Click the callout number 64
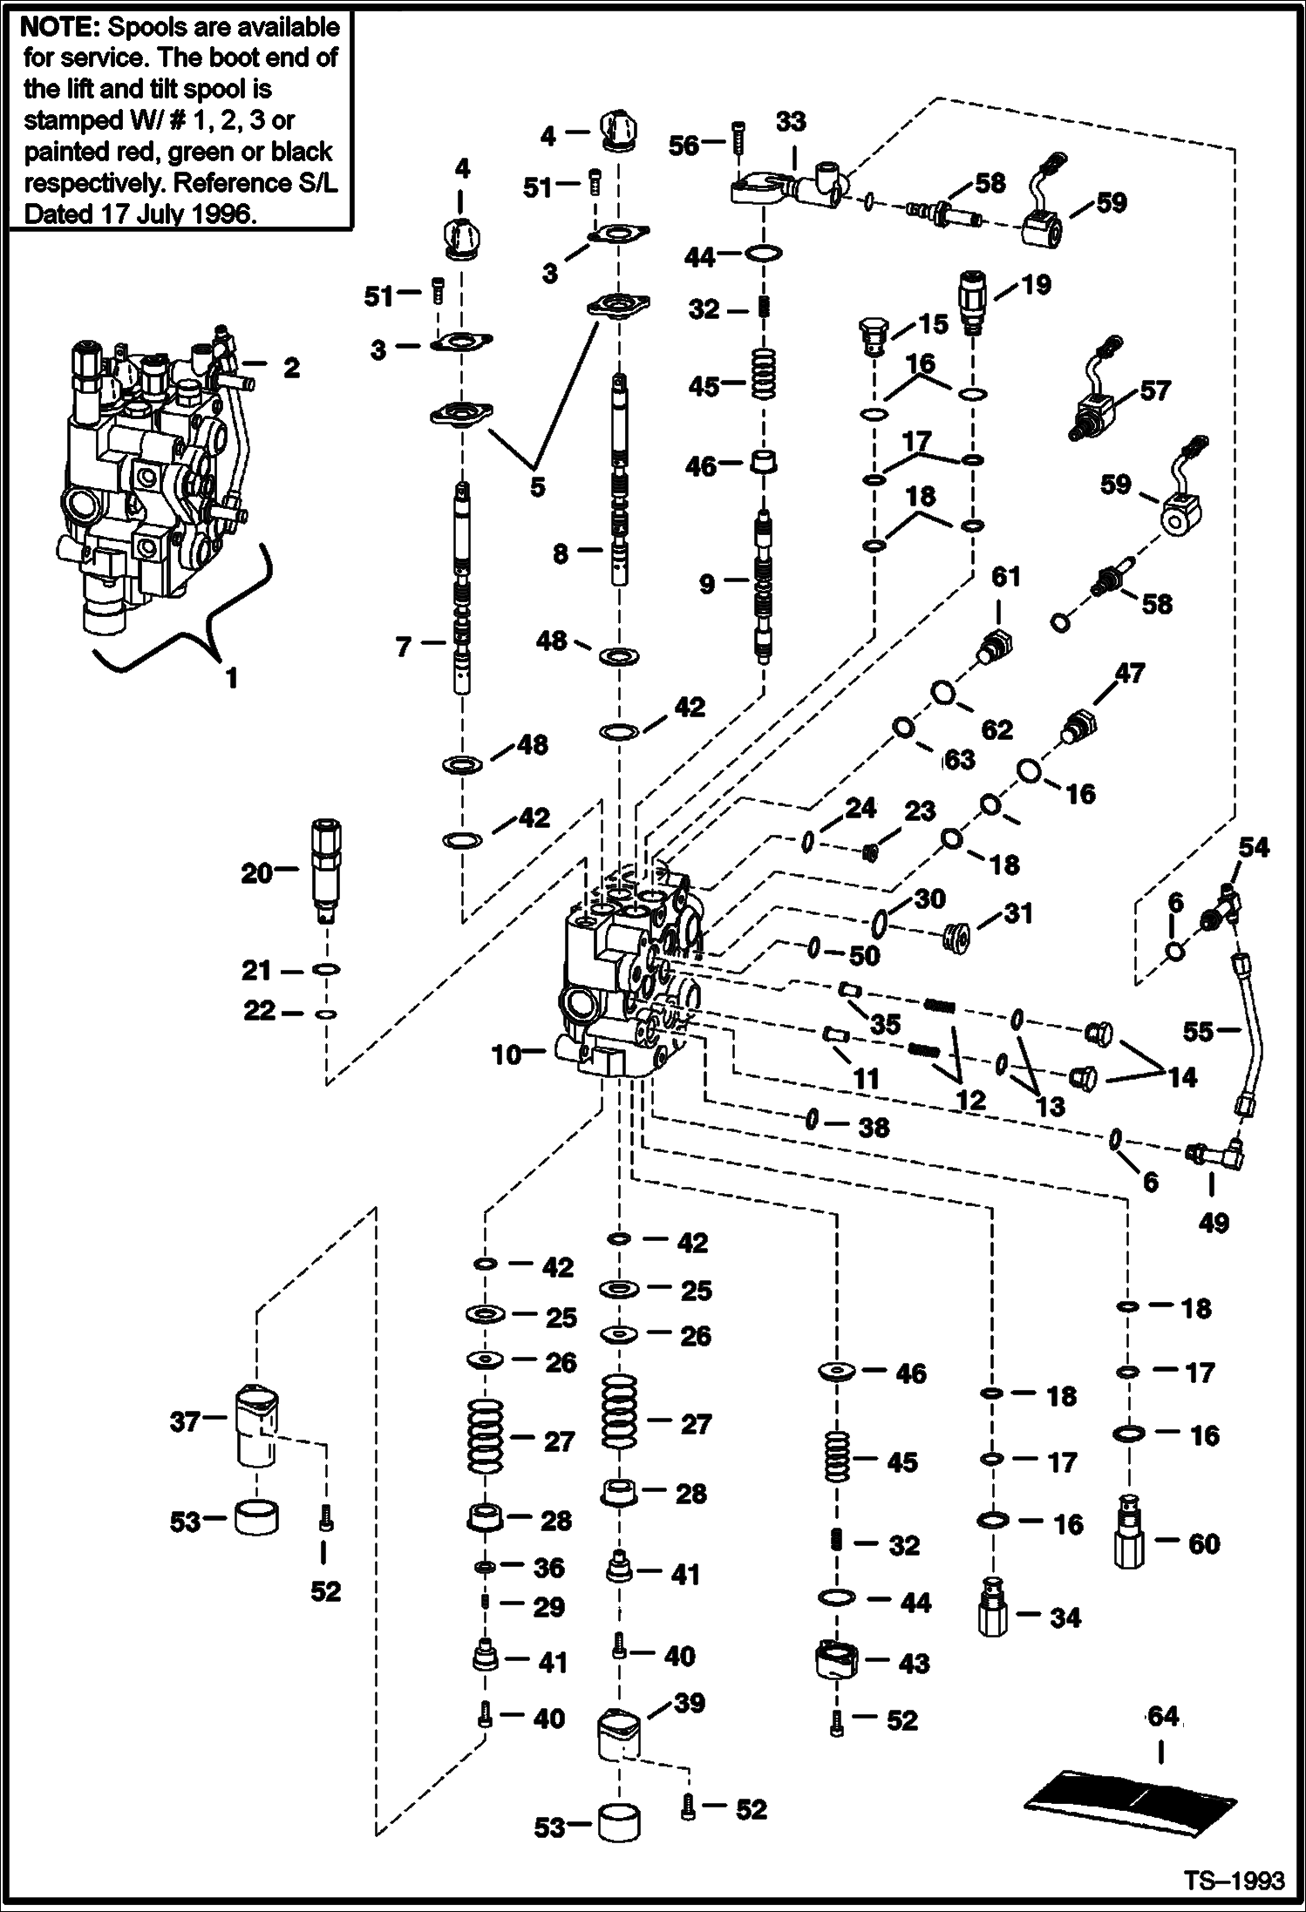coord(1163,1716)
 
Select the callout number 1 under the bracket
coord(231,677)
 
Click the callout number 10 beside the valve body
coord(507,1055)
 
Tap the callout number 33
coord(791,121)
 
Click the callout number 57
coord(1155,390)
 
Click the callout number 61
coord(1005,577)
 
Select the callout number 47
coord(1129,673)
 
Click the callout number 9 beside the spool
coord(707,583)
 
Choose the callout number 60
coord(1204,1543)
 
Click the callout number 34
coord(1065,1617)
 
